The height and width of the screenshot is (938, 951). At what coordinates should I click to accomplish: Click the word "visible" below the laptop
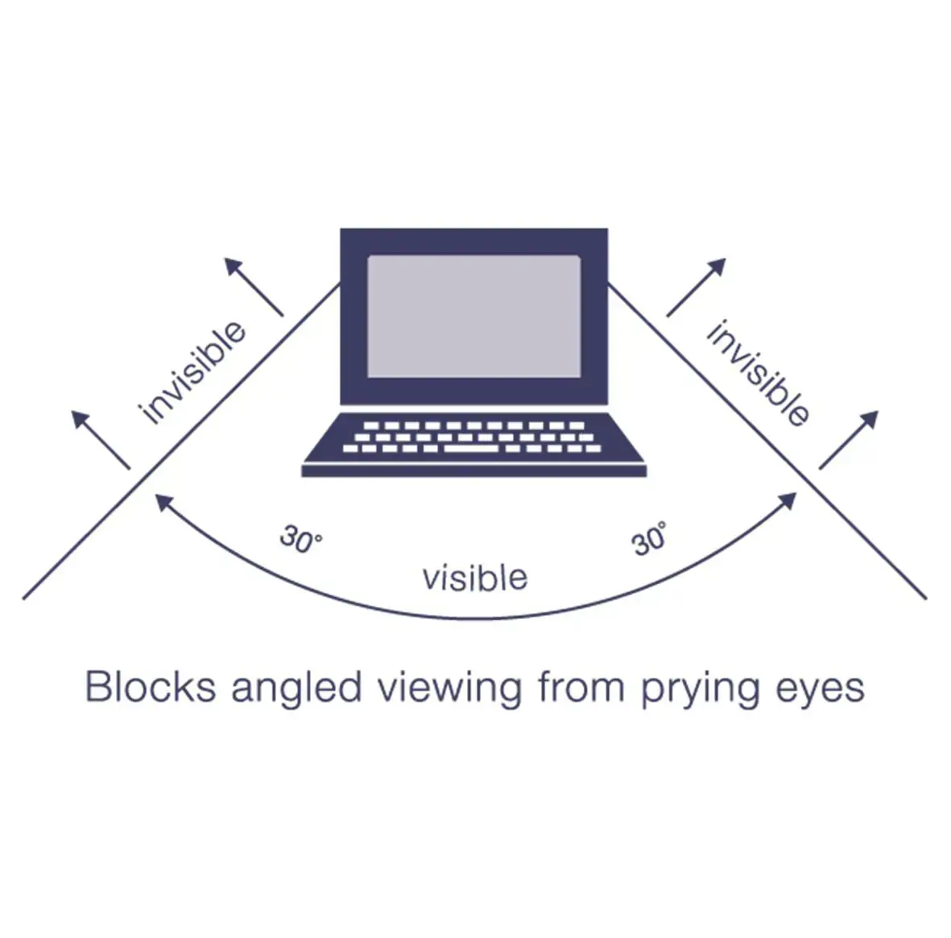coord(475,578)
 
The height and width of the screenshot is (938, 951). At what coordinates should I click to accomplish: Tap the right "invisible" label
coord(758,373)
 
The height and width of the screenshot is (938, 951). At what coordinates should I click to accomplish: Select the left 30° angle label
coord(300,539)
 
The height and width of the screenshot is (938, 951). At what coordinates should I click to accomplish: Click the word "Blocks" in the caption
coord(151,687)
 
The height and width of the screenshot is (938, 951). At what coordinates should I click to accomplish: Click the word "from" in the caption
coord(581,687)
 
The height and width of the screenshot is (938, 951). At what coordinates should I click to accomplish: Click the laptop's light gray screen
coord(473,316)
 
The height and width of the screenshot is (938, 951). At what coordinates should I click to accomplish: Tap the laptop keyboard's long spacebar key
coord(472,448)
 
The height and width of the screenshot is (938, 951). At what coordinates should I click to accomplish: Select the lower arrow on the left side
coord(100,439)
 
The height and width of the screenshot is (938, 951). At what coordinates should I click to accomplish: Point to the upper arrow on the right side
coord(697,287)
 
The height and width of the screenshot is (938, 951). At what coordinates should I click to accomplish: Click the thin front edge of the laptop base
coord(473,471)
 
